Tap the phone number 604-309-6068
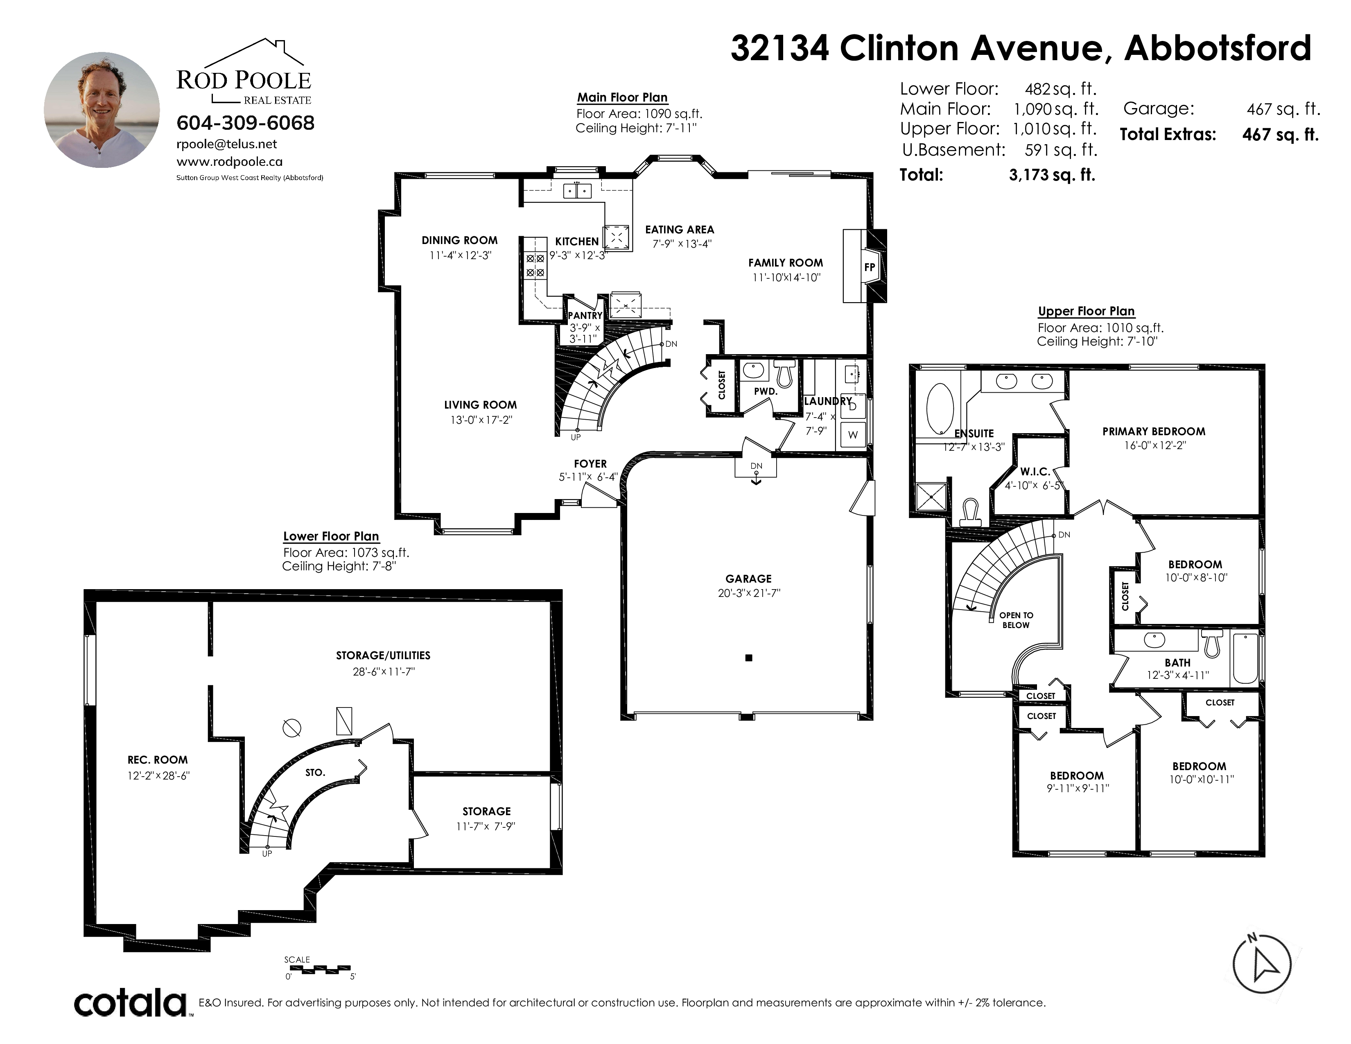pyautogui.click(x=246, y=123)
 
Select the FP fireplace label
pyautogui.click(x=870, y=267)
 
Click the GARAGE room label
pyautogui.click(x=748, y=579)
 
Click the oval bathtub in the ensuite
pyautogui.click(x=940, y=408)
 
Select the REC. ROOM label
pyautogui.click(x=158, y=760)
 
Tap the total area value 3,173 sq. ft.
pyautogui.click(x=1052, y=175)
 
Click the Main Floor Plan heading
pyautogui.click(x=622, y=97)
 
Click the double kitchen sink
pyautogui.click(x=577, y=191)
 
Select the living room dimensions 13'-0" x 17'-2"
pyautogui.click(x=481, y=420)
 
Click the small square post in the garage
pyautogui.click(x=748, y=658)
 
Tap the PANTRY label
pyautogui.click(x=585, y=315)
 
